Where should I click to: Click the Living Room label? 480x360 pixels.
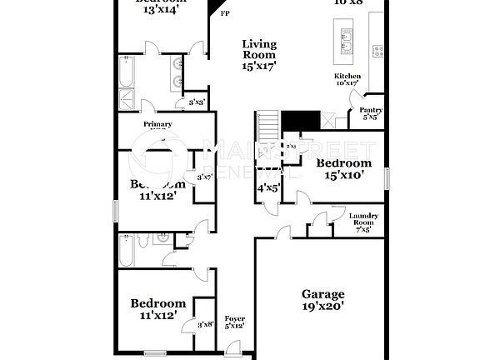259,54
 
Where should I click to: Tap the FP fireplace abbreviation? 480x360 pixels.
224,13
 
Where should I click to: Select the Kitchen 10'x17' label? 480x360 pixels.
346,79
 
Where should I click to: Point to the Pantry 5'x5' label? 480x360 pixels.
371,113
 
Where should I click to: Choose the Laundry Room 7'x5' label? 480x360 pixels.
364,221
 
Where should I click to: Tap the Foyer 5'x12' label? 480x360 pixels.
235,322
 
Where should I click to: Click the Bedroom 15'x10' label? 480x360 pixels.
343,168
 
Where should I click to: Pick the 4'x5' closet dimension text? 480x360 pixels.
267,188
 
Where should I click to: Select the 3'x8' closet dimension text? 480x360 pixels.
205,324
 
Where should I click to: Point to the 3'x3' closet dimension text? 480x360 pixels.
197,102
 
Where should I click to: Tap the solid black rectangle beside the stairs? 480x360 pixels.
300,121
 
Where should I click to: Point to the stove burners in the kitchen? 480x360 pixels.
377,50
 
